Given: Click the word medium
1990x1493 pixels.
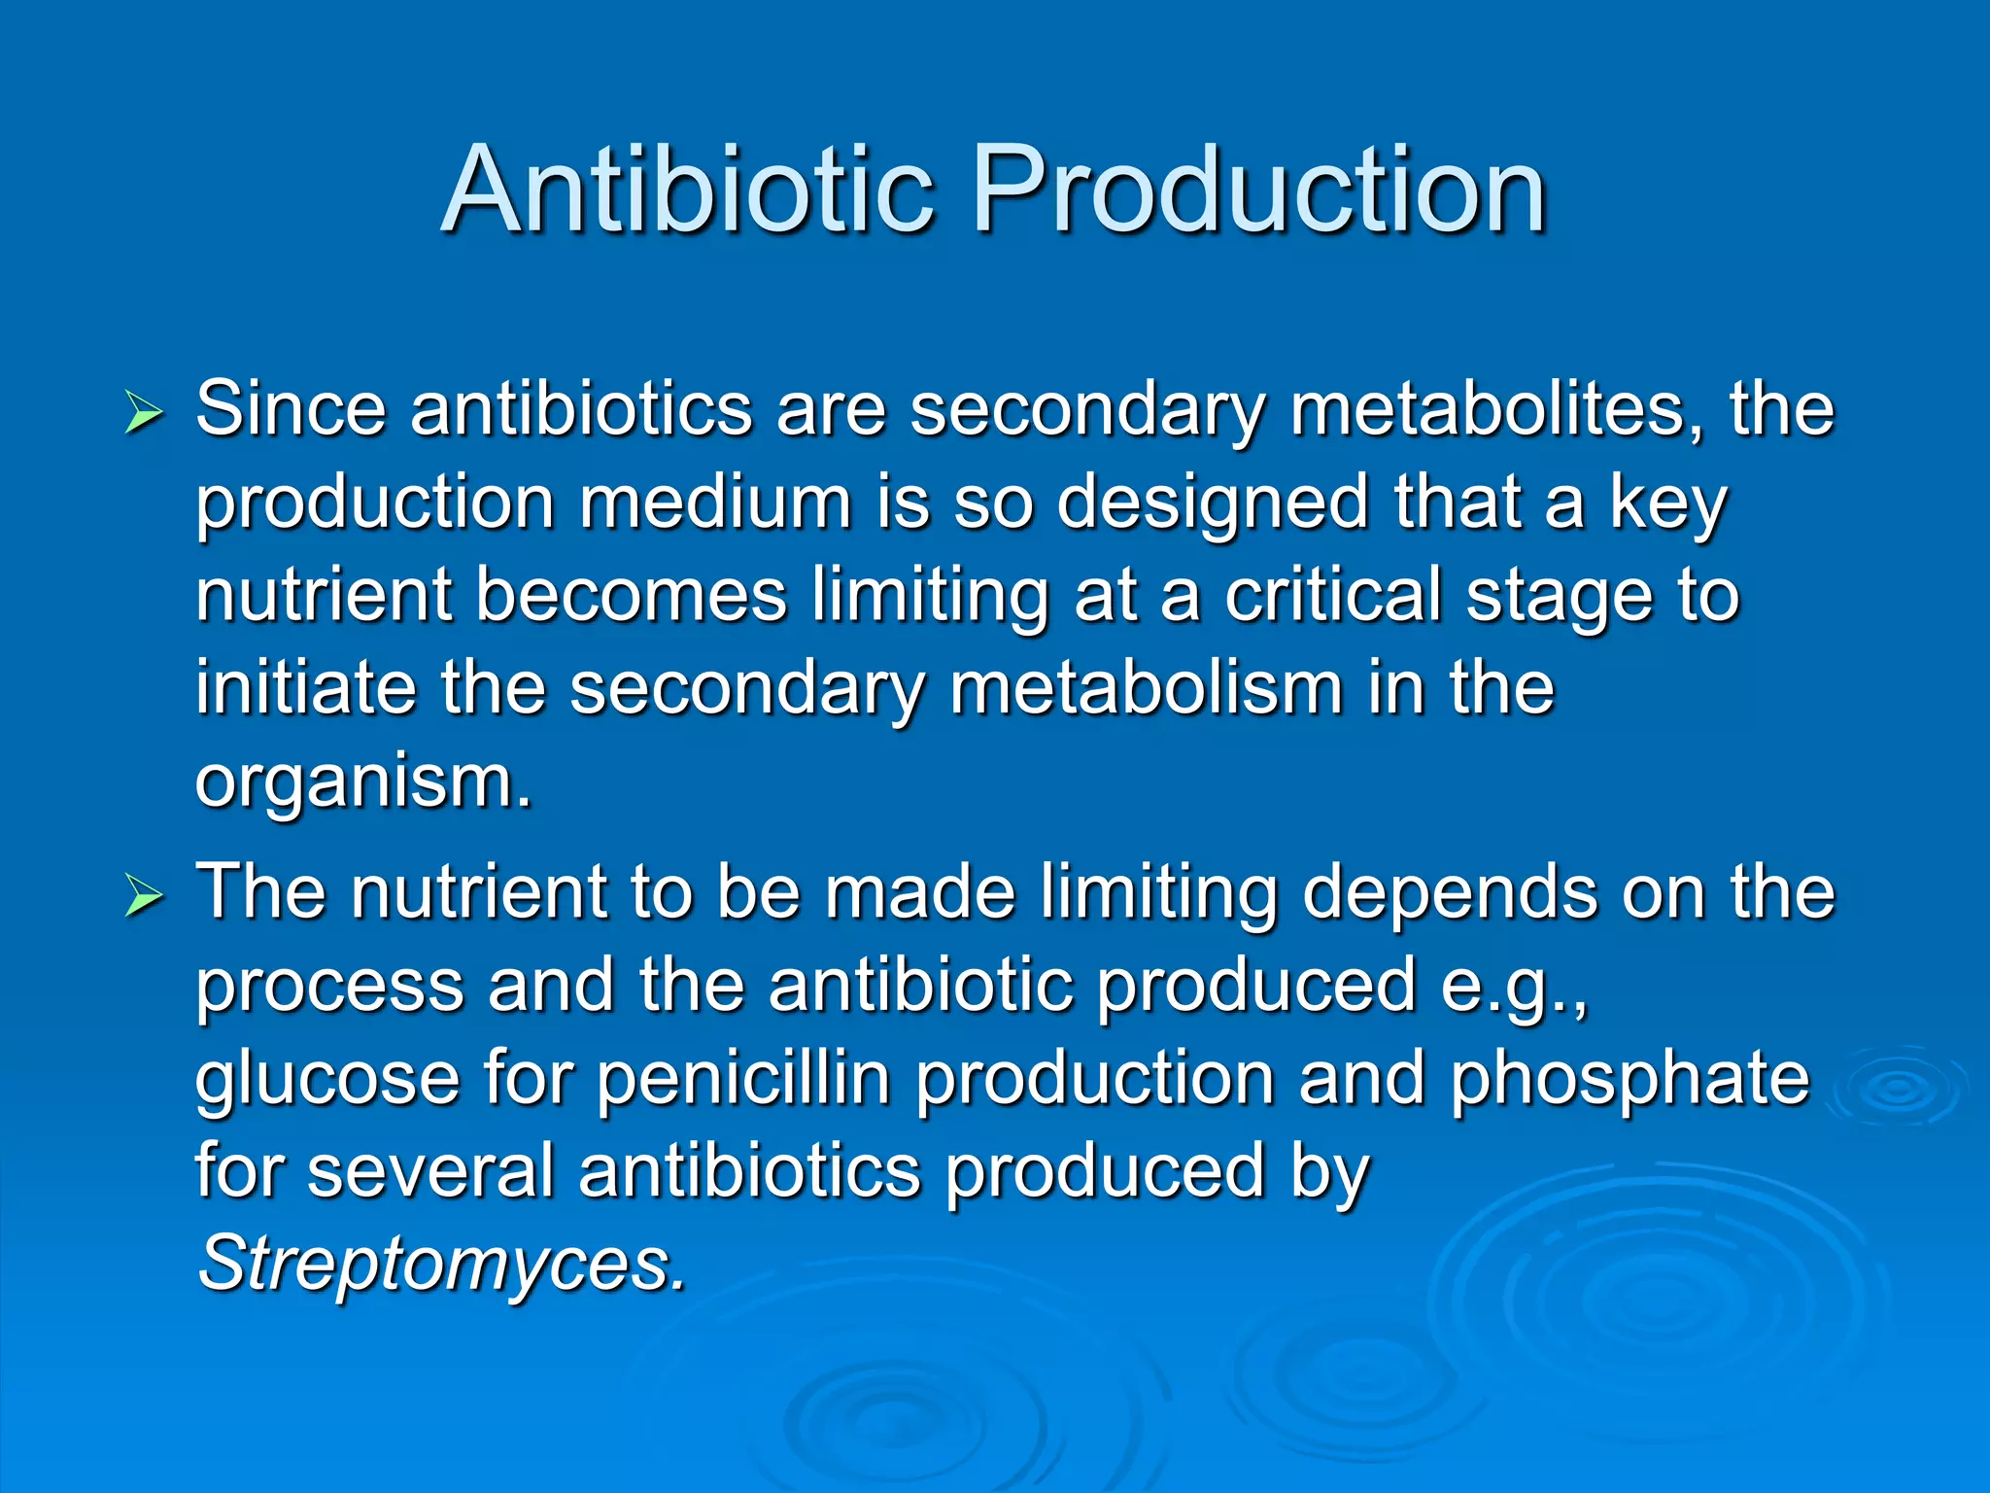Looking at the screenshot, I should point(715,502).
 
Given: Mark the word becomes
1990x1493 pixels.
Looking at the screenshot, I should point(631,595).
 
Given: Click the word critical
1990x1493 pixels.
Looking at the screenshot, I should point(1332,595).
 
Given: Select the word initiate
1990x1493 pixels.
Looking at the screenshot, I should point(305,687).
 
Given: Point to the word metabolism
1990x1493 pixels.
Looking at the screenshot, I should point(1146,687).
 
